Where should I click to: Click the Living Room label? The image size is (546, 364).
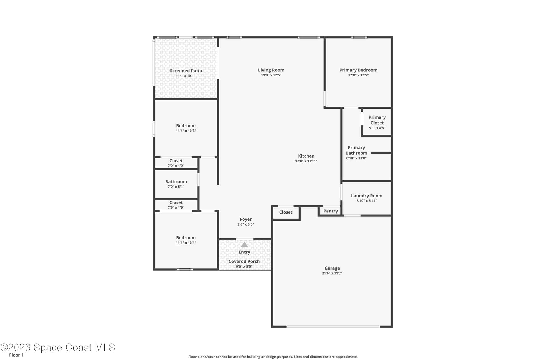click(x=271, y=70)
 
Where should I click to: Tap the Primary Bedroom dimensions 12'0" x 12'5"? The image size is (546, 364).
click(x=358, y=75)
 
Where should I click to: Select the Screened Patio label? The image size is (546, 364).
click(x=186, y=71)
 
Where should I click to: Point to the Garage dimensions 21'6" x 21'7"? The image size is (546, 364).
click(x=332, y=273)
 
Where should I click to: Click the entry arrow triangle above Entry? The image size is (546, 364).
click(x=244, y=245)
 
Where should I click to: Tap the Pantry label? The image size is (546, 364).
click(x=331, y=211)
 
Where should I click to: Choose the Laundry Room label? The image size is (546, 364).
click(x=367, y=196)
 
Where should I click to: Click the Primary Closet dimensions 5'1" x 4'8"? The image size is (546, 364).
click(x=377, y=128)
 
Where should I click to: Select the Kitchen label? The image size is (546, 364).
click(x=306, y=156)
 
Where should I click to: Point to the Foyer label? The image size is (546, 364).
click(x=246, y=219)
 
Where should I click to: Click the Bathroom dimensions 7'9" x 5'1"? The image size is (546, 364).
click(x=176, y=187)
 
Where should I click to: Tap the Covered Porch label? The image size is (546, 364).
click(x=244, y=261)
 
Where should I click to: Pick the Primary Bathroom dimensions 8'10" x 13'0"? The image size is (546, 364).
click(x=356, y=158)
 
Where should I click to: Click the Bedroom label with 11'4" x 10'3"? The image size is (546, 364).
click(x=186, y=126)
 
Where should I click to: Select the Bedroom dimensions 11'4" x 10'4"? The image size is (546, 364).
click(x=186, y=243)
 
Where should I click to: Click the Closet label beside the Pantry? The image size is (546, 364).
click(x=286, y=212)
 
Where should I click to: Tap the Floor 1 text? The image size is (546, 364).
click(x=16, y=355)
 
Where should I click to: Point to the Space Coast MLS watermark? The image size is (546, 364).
click(x=58, y=348)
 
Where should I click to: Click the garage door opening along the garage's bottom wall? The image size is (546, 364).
click(x=333, y=326)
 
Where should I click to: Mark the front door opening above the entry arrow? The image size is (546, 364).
click(x=245, y=239)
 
